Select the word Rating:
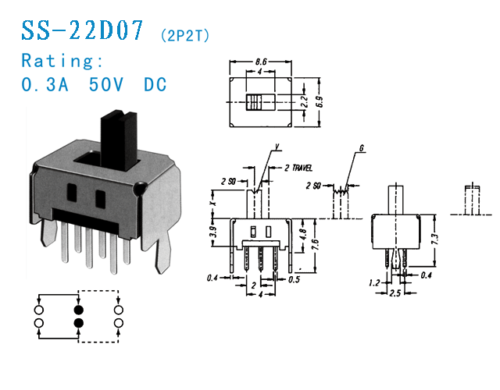[62, 60]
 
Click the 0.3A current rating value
[45, 84]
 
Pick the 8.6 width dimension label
[262, 61]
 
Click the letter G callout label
[362, 147]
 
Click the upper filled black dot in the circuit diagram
[78, 309]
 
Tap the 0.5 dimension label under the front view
[293, 278]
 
